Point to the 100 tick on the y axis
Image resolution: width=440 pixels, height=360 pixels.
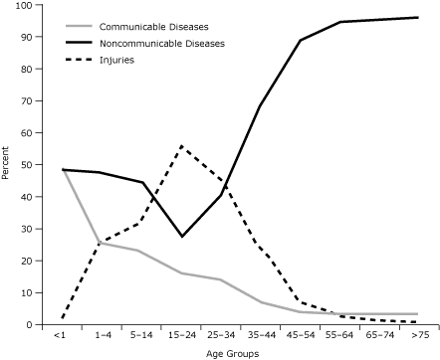(22, 5)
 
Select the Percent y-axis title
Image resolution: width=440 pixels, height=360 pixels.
(8, 165)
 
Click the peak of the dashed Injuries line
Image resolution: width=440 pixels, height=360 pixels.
(181, 146)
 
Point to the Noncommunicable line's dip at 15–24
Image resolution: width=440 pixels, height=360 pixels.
(181, 237)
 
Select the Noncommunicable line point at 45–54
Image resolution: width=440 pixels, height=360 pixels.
(301, 41)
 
